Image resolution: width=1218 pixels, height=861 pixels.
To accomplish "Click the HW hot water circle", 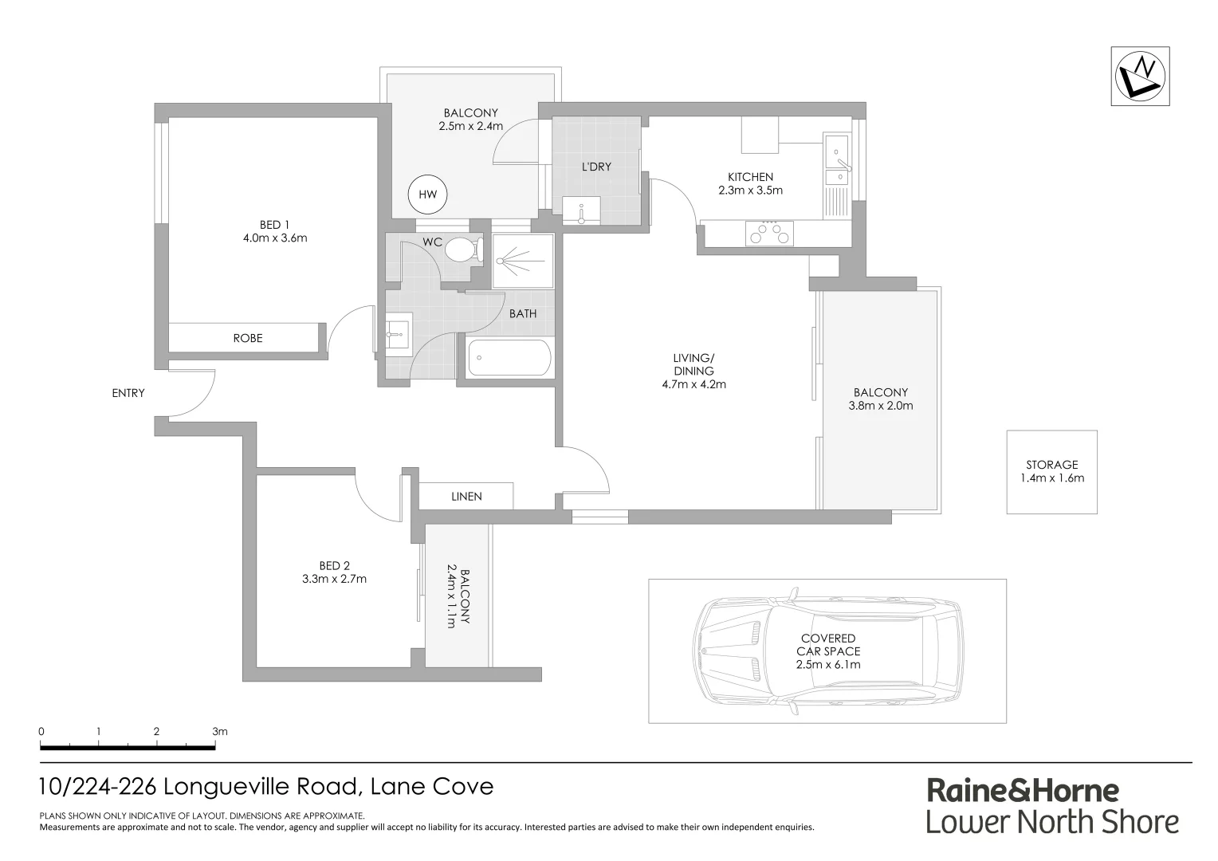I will (x=428, y=195).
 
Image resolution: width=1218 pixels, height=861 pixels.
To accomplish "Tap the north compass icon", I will (x=1141, y=76).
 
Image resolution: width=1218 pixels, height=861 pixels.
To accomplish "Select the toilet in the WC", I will (x=462, y=250).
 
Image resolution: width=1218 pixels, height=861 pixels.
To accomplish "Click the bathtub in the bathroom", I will (x=509, y=358).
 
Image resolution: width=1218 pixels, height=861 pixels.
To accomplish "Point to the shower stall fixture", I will (x=523, y=261).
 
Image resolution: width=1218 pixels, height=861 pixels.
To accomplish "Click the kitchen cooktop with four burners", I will (x=769, y=234).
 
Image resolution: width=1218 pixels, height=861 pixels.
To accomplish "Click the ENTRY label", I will (x=128, y=393).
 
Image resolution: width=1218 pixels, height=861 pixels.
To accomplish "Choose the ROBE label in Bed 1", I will (x=247, y=338).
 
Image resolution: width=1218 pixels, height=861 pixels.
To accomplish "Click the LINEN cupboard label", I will (x=466, y=497).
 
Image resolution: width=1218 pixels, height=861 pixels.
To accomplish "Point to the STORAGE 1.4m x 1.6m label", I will (x=1052, y=471).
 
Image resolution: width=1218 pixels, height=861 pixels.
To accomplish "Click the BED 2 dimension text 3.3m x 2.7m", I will (x=334, y=579).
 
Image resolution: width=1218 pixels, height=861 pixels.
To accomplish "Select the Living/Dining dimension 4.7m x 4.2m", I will (x=693, y=384).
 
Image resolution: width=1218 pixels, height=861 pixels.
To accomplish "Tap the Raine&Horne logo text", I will (x=1022, y=791).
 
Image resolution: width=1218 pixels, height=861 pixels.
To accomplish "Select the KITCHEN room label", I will (x=750, y=177).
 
